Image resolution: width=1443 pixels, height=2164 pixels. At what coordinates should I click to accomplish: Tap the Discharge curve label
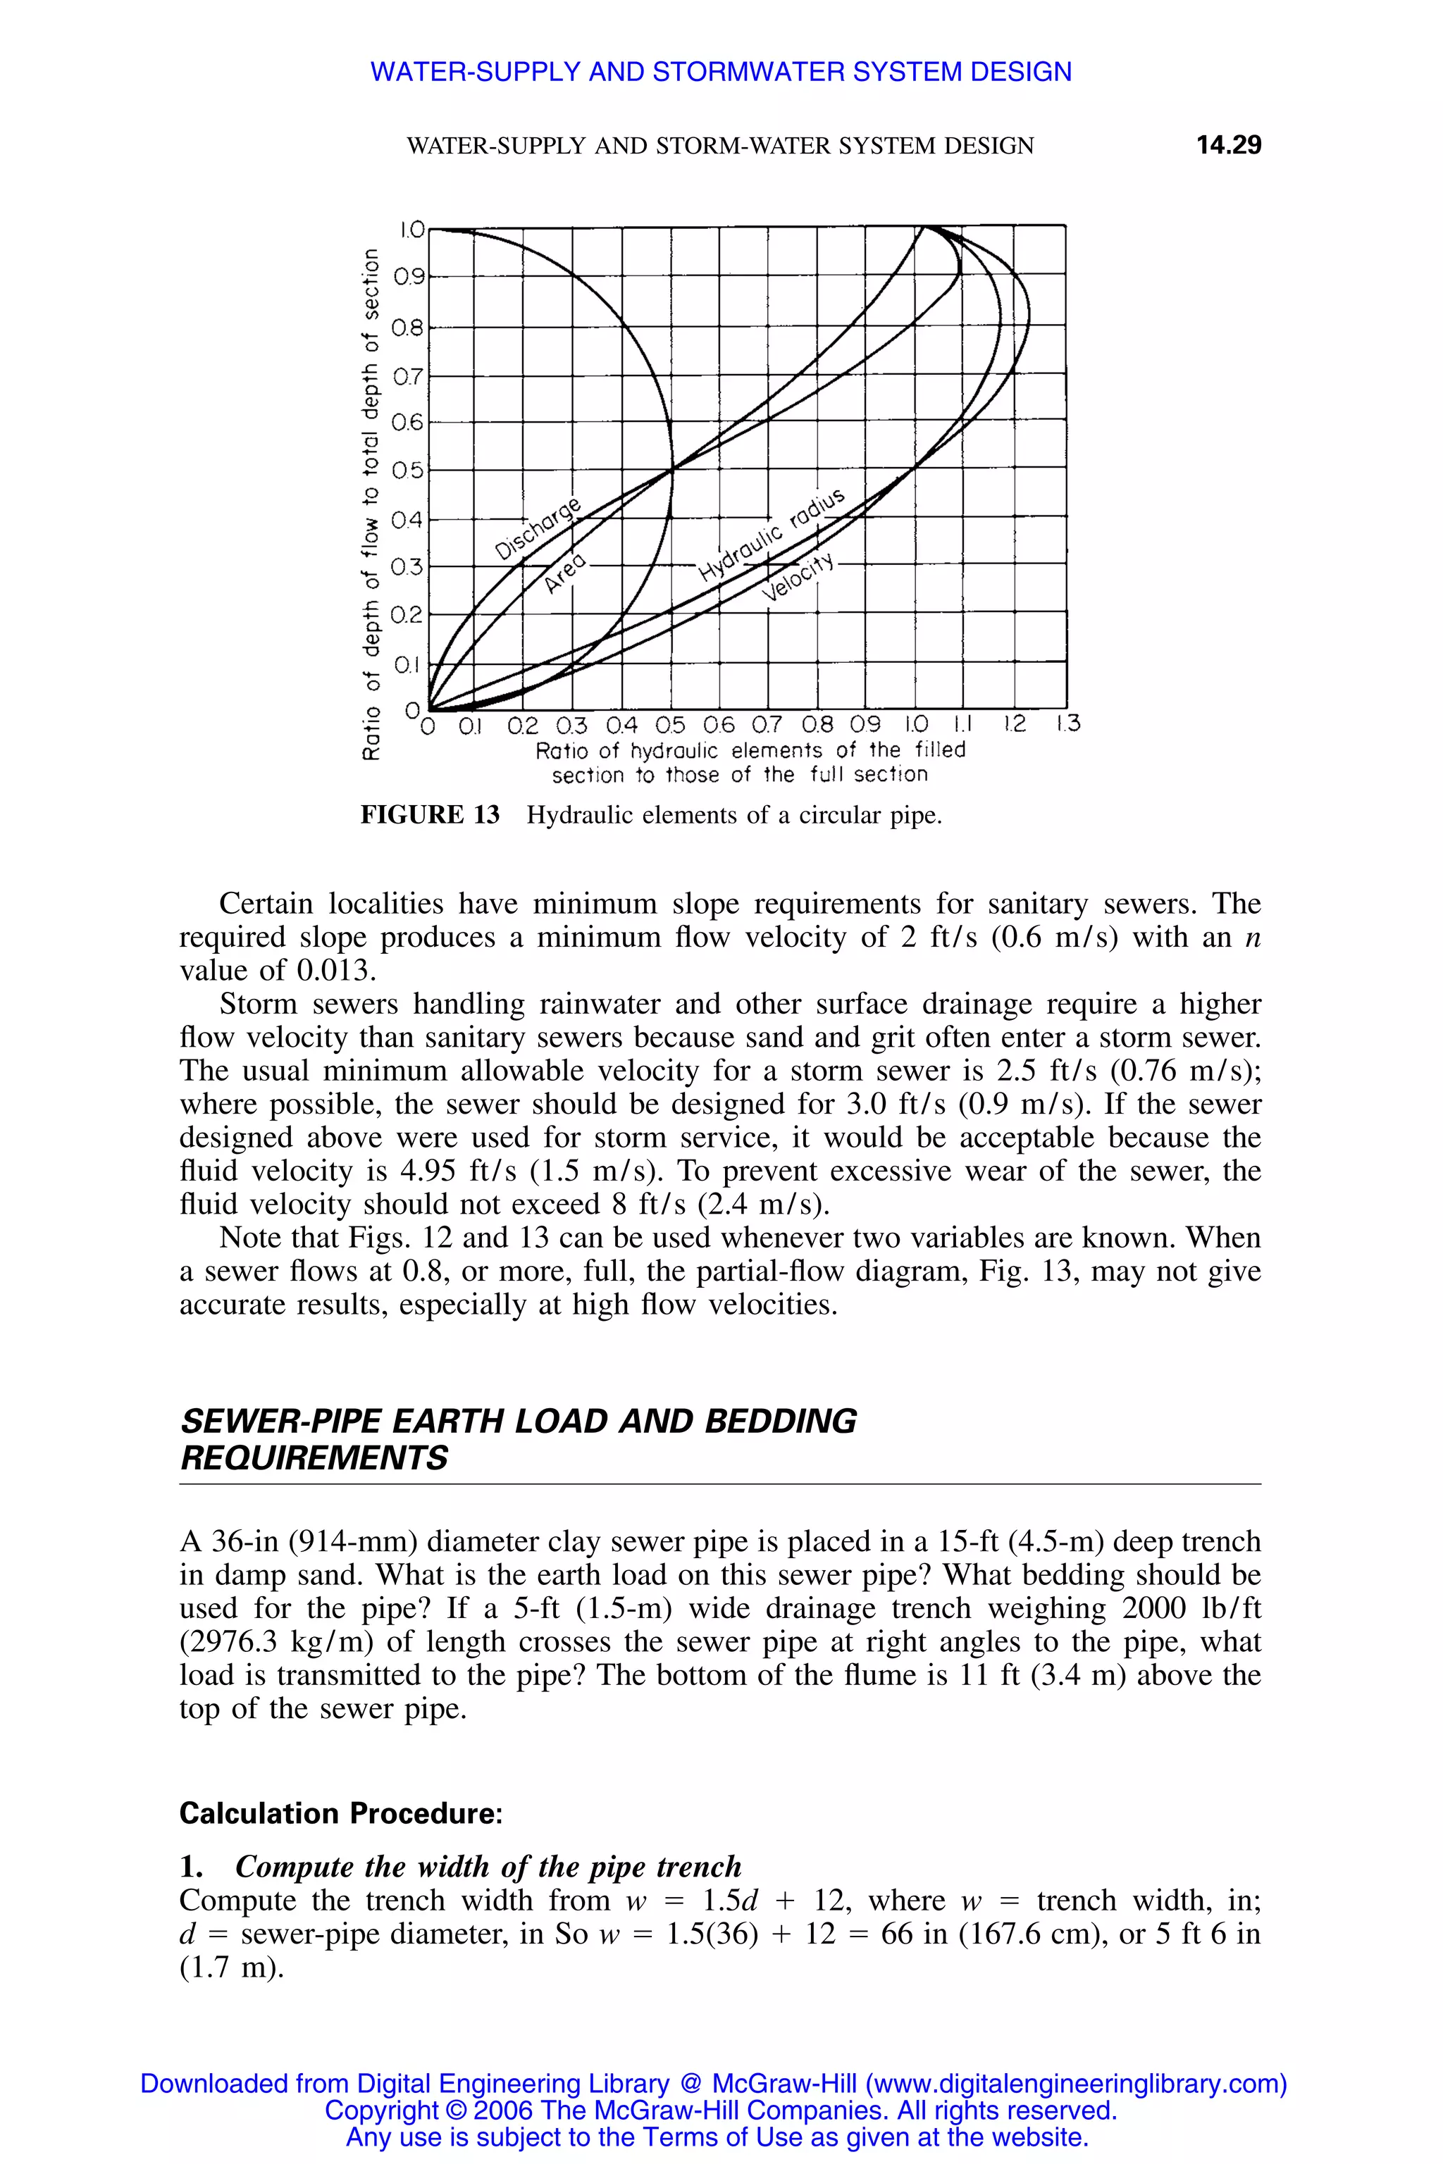(538, 530)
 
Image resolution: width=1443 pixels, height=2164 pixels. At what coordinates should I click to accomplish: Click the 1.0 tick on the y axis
(411, 229)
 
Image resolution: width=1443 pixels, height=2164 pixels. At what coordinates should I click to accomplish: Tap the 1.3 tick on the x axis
(1067, 725)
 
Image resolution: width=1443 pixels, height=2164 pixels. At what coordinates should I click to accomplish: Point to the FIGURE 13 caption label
(430, 815)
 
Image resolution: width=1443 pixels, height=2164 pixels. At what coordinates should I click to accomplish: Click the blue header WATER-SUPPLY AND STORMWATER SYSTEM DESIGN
(721, 72)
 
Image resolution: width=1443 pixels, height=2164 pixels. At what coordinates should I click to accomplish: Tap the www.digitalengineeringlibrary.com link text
(1073, 2084)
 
